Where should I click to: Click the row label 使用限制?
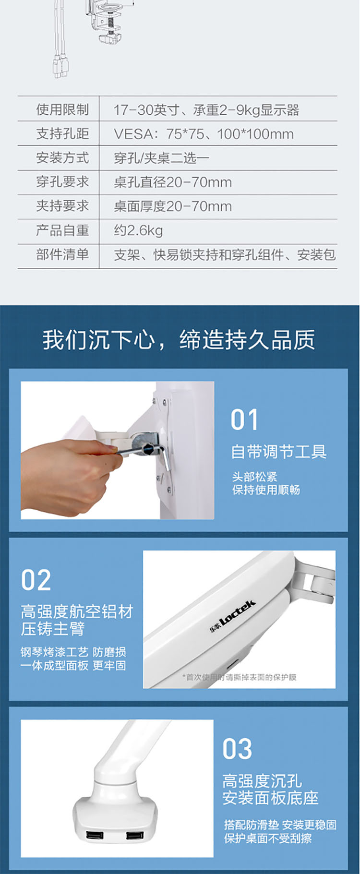[x=62, y=109]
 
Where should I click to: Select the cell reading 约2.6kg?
[x=138, y=230]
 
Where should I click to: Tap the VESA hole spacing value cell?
[x=204, y=134]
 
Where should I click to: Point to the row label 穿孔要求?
[x=62, y=182]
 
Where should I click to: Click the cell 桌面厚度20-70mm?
[x=173, y=206]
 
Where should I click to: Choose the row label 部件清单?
[x=62, y=254]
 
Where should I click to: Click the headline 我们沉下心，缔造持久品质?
[x=179, y=340]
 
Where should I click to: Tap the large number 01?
[x=244, y=420]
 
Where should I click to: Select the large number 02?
[x=36, y=580]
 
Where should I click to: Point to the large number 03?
[x=237, y=749]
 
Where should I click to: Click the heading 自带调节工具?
[x=279, y=452]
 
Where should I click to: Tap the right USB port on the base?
[x=134, y=836]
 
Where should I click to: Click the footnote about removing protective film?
[x=240, y=677]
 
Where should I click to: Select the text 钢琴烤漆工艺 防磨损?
[x=73, y=652]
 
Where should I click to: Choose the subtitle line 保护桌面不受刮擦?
[x=268, y=838]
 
